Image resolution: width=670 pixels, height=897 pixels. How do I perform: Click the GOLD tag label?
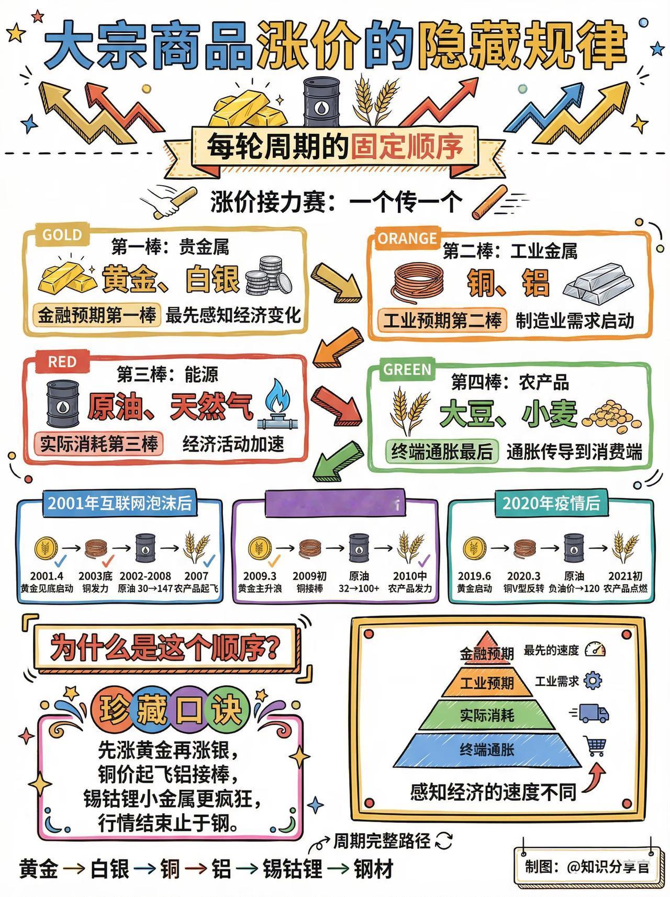(61, 235)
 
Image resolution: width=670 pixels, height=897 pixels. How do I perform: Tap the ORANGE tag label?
(407, 239)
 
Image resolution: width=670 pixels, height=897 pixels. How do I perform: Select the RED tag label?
(62, 362)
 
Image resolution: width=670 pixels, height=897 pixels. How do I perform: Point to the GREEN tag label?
(407, 370)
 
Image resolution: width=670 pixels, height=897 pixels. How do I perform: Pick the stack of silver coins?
(267, 276)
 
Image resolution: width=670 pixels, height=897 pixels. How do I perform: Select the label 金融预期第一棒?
(97, 315)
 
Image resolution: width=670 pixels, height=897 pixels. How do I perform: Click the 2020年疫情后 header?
(551, 503)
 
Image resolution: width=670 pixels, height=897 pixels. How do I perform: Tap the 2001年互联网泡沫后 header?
(120, 503)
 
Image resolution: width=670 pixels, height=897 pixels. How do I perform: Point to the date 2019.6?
(474, 576)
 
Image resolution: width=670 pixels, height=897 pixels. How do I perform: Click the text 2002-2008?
(144, 576)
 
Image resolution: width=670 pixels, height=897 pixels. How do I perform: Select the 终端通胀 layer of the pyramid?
(487, 750)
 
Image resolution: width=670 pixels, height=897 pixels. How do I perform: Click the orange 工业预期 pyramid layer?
(487, 683)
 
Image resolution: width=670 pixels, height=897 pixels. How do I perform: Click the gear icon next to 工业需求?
(593, 680)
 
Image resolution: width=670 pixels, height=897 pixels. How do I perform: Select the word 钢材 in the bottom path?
(373, 869)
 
